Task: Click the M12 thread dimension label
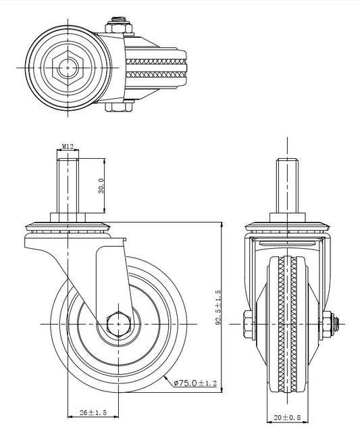click(x=68, y=147)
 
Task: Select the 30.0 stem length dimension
click(x=101, y=186)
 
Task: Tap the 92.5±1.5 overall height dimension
click(x=218, y=307)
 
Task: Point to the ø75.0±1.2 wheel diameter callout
click(x=195, y=383)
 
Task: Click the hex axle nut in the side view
click(x=118, y=324)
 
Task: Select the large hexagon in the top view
click(x=68, y=68)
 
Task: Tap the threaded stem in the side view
click(x=68, y=186)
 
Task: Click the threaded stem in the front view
click(x=287, y=186)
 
